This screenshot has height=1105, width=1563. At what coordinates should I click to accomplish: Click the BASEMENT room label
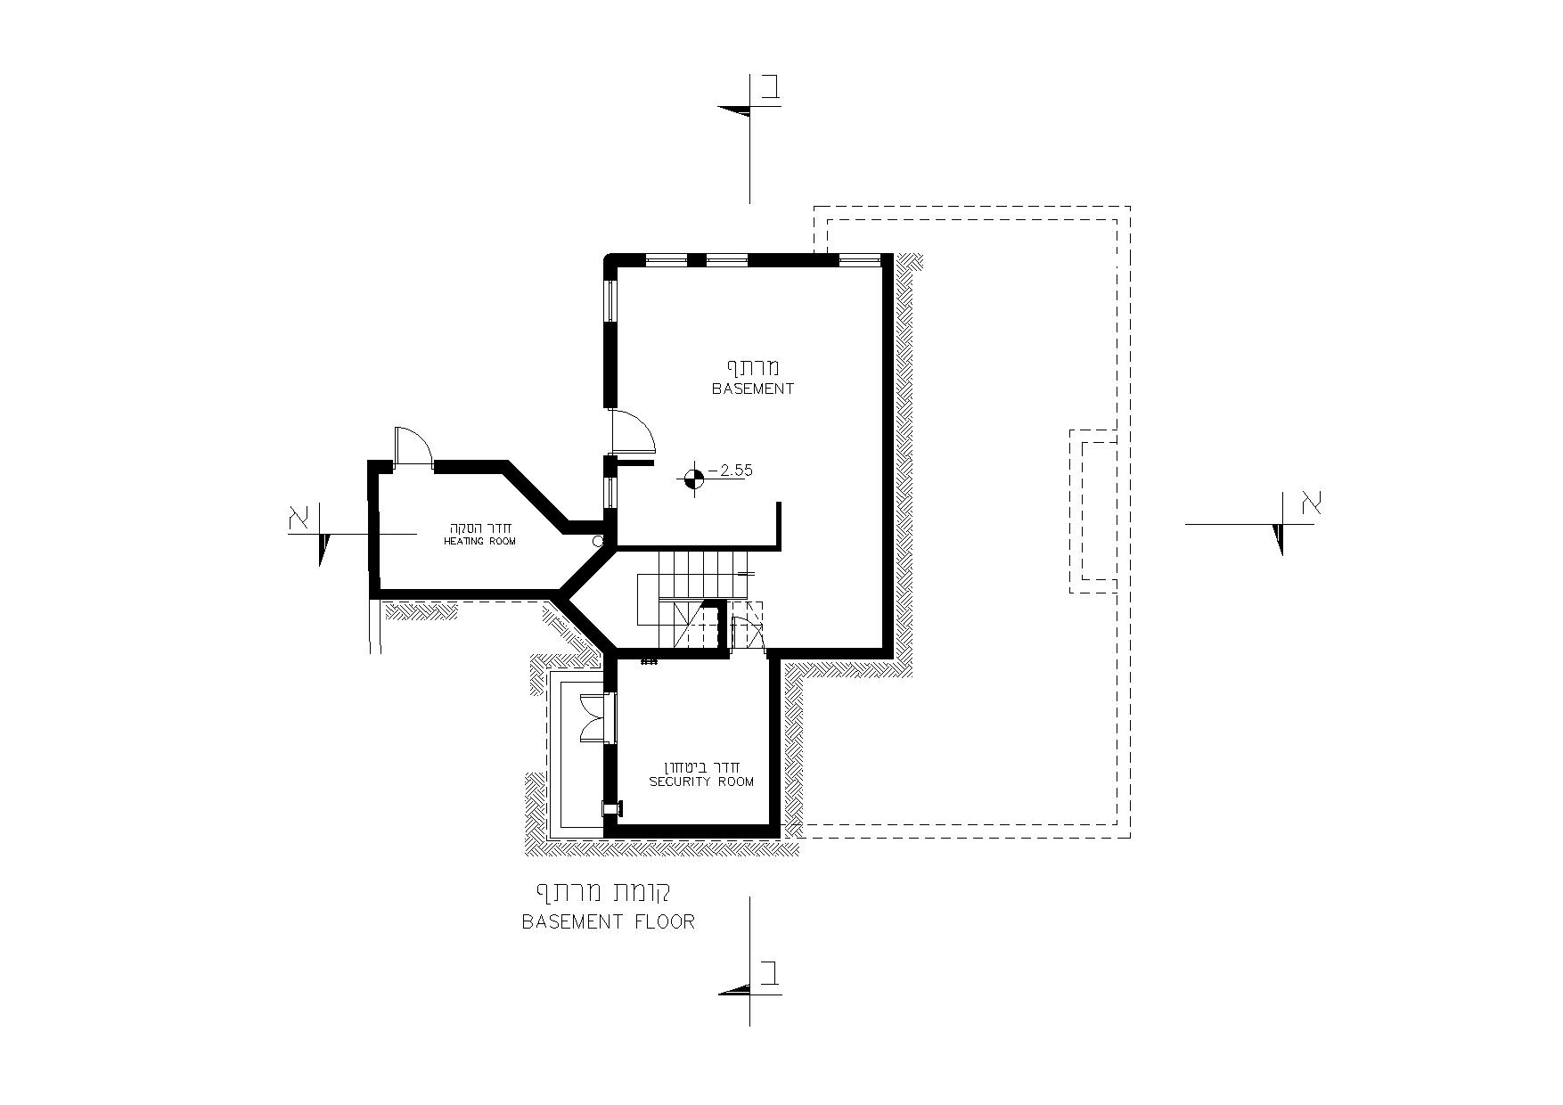(x=753, y=389)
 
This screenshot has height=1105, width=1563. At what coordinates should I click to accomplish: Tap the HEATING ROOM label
(x=479, y=542)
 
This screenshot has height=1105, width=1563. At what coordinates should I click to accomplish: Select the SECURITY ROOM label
(x=701, y=782)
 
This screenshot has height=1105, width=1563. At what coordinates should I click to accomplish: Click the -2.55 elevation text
(x=730, y=471)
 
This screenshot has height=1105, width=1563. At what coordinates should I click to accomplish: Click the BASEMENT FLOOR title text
(x=608, y=922)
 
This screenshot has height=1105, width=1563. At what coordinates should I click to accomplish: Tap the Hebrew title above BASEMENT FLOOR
(x=602, y=892)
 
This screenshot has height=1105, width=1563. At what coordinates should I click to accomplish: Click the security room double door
(x=593, y=717)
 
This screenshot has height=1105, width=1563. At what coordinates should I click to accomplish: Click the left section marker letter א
(x=299, y=517)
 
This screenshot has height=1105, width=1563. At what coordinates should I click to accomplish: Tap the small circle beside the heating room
(x=599, y=540)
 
